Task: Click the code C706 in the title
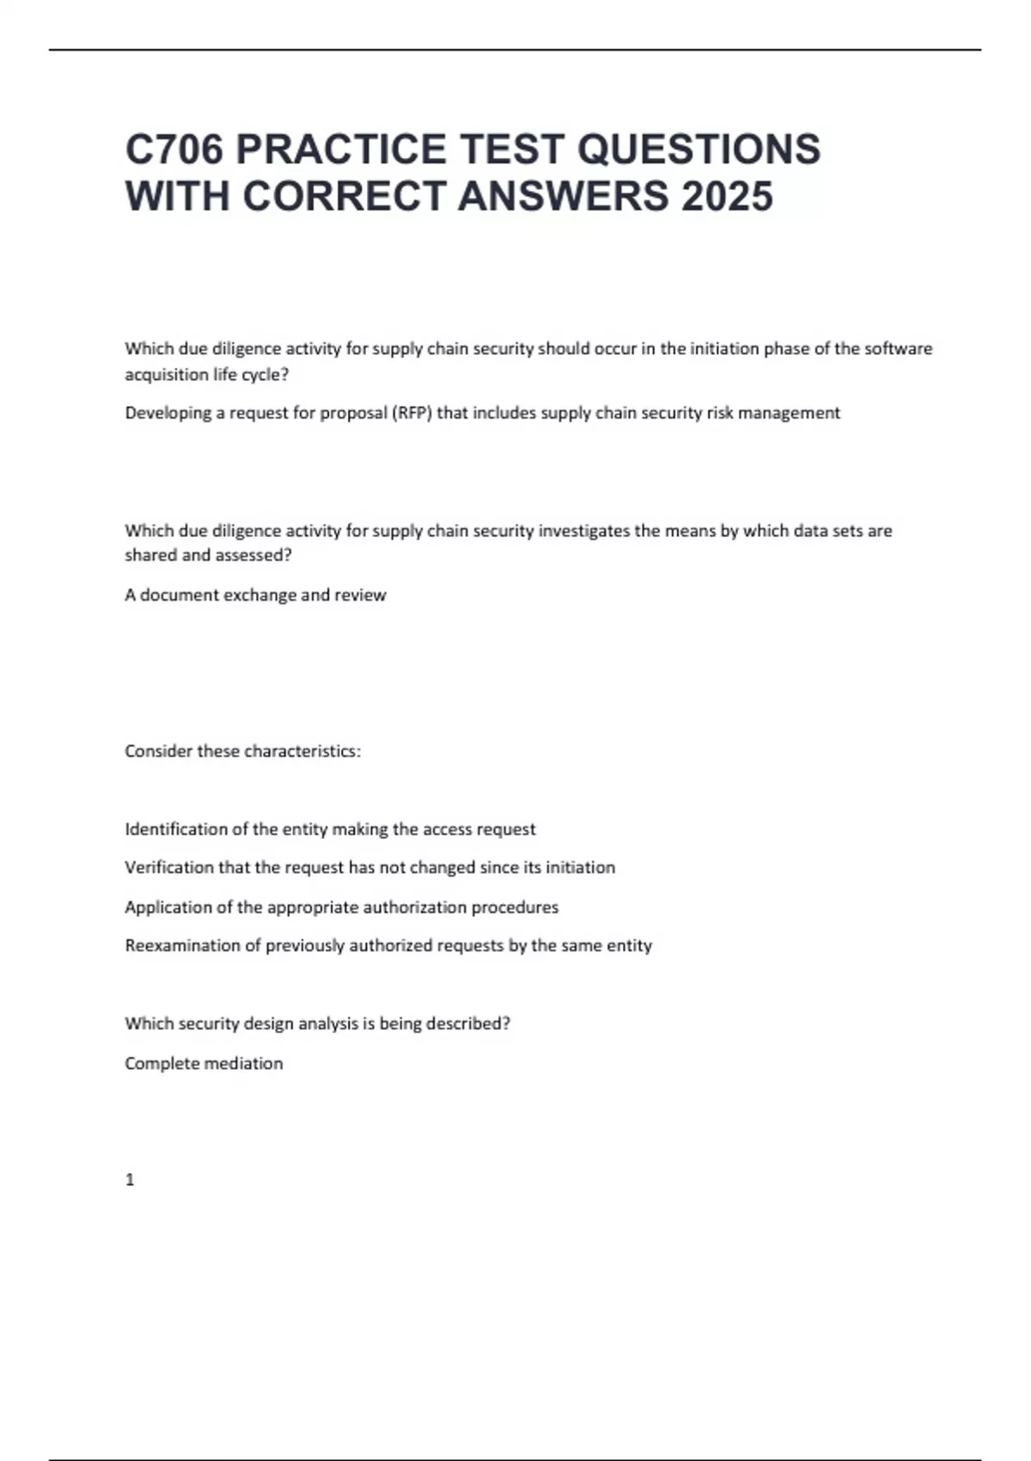pos(175,150)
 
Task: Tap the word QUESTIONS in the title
pos(699,150)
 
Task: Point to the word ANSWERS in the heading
pos(563,196)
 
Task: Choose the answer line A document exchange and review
pos(255,595)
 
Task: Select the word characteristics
pos(302,751)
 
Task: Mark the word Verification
pos(169,868)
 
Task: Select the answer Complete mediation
pos(204,1063)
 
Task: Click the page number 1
pos(130,1180)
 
